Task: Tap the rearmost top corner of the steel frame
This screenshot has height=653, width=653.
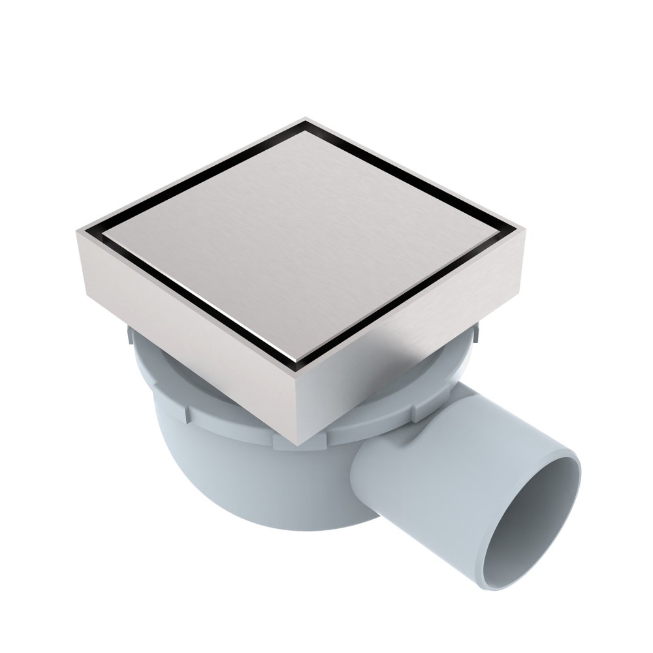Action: (305, 119)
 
